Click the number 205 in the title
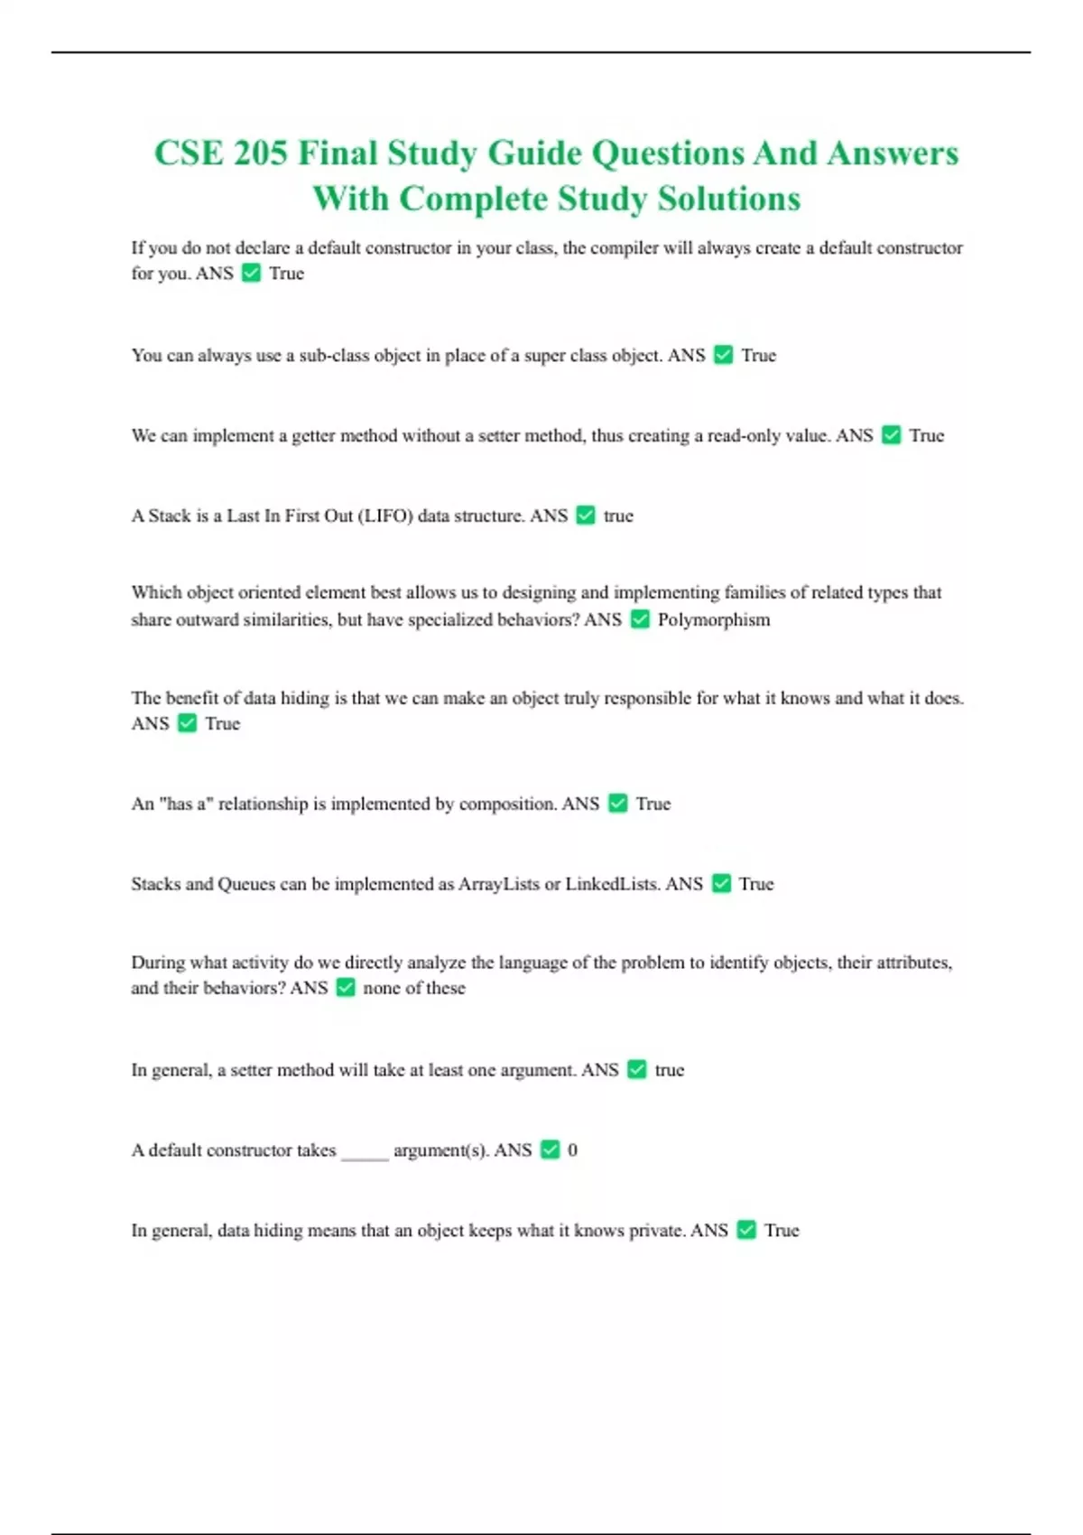[x=260, y=153]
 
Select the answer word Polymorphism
[x=714, y=619]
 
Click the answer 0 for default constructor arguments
[x=572, y=1149]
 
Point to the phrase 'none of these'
[x=414, y=988]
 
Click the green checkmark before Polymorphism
[x=640, y=619]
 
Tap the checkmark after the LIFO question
[x=586, y=516]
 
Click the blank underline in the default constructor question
[x=365, y=1153]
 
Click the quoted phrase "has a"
[x=185, y=804]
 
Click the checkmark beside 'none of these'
[x=346, y=988]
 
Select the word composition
[x=508, y=804]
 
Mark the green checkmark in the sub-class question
[x=723, y=355]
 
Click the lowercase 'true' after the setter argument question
[x=670, y=1070]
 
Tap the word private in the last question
[x=652, y=1230]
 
